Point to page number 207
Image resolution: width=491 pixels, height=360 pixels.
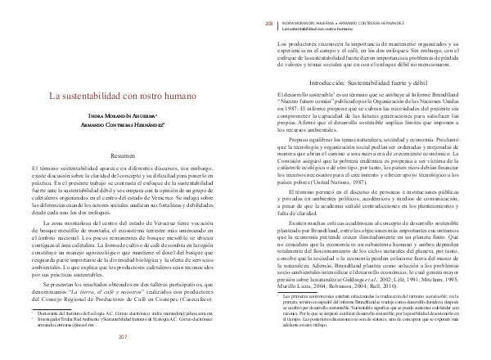tap(124, 336)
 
